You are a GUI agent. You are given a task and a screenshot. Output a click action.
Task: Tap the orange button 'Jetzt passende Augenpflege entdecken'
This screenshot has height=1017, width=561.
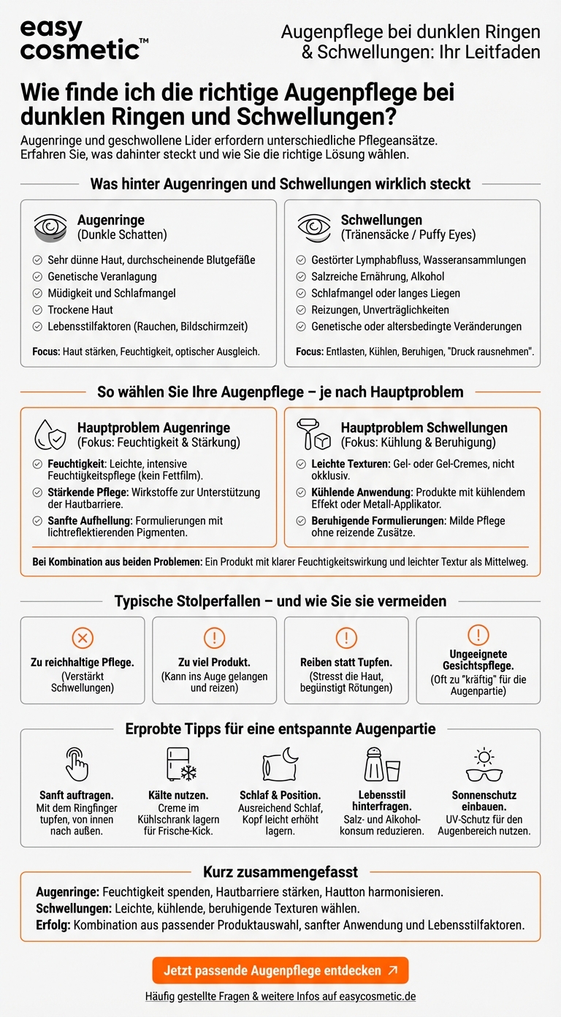point(280,970)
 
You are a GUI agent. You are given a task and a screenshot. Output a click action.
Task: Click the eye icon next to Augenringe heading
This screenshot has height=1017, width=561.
point(50,227)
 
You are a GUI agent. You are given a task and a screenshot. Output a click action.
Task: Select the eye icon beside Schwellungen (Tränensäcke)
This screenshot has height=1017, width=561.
point(314,227)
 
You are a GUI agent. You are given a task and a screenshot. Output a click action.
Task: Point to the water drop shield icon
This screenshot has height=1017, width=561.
point(50,435)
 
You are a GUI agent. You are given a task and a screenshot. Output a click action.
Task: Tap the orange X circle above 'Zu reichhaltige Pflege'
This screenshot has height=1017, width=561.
point(83,637)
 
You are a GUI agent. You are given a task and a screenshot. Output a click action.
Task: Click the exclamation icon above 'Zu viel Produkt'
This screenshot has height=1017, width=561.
point(214,637)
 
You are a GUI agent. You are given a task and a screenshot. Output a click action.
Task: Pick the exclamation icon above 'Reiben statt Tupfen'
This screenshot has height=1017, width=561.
point(346,637)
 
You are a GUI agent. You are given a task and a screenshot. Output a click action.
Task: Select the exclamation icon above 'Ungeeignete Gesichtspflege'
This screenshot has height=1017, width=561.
point(478,634)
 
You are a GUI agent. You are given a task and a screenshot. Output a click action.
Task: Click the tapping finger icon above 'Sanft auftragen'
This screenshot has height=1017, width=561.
point(76,764)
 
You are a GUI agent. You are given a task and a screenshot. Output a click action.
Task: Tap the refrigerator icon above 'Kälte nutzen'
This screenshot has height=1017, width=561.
point(180,764)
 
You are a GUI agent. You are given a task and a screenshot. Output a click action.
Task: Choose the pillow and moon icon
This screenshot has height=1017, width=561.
point(280,764)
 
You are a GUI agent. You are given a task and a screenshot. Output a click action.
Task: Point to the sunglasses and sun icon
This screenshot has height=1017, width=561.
point(484,764)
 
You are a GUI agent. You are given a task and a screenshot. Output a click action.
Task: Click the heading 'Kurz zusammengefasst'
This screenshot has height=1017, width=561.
point(280,872)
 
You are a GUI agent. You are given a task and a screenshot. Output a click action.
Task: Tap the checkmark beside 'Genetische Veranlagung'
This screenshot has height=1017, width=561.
point(37,277)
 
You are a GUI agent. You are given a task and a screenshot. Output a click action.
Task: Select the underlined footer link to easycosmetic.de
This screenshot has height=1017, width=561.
point(280,996)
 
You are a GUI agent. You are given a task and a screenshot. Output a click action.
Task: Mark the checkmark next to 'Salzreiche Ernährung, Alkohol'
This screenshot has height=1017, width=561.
point(301,277)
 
